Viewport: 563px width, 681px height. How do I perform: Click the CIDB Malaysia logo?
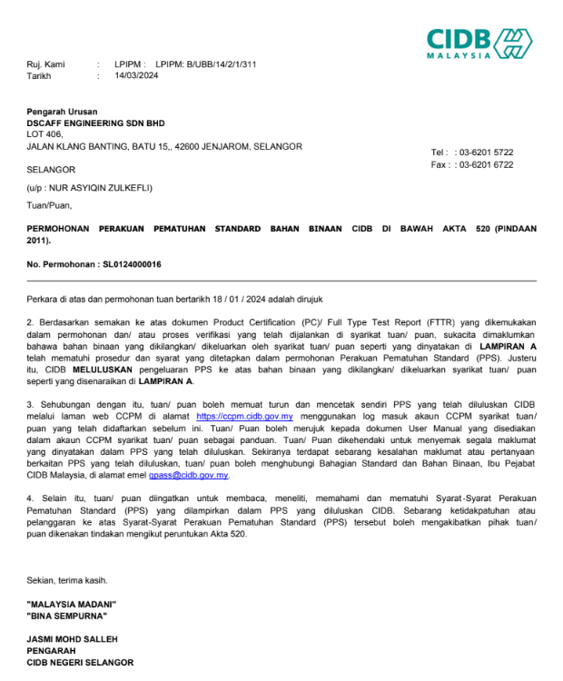pos(479,43)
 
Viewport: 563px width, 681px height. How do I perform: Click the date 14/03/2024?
pos(136,76)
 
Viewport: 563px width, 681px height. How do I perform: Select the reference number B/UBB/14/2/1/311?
pos(222,64)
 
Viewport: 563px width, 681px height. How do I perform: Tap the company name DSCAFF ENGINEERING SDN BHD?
pos(95,123)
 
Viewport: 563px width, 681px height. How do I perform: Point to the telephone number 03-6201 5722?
pos(486,153)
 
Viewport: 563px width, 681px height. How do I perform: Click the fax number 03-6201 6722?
pos(486,164)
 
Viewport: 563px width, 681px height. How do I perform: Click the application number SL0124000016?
pos(122,264)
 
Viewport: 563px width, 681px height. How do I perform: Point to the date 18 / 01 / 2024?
pos(213,299)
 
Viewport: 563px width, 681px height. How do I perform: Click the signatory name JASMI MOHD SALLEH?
pos(73,639)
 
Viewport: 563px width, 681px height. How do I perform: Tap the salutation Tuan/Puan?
pos(48,205)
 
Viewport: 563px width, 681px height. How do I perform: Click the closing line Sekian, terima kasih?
pos(66,579)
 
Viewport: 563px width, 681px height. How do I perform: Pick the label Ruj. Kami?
pos(45,64)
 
